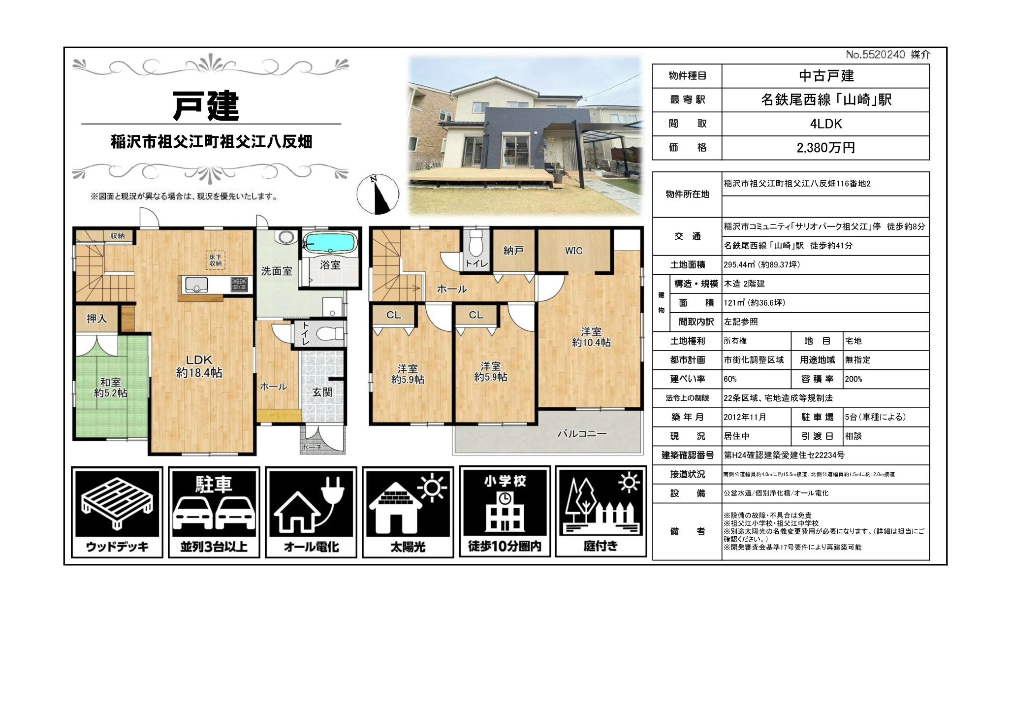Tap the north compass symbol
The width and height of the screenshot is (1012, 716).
click(378, 194)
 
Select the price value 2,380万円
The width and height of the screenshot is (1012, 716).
click(825, 148)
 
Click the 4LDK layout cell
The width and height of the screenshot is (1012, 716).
click(825, 124)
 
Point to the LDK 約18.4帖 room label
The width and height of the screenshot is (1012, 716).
click(199, 366)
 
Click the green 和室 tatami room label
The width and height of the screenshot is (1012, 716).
click(111, 387)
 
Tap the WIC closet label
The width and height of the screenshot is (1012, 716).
click(573, 251)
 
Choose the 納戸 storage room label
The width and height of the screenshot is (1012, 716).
click(513, 251)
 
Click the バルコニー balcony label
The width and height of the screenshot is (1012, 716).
click(582, 434)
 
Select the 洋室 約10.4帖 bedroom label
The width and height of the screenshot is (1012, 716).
click(591, 337)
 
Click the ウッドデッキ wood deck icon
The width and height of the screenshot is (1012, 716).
click(117, 512)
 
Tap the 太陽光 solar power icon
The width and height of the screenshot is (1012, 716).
click(408, 512)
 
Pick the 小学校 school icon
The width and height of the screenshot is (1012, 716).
click(505, 512)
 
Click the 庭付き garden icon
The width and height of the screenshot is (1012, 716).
click(601, 512)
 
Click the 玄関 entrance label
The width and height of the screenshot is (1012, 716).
click(322, 392)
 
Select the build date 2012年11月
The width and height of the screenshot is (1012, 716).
click(745, 417)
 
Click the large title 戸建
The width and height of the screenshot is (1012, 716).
click(206, 105)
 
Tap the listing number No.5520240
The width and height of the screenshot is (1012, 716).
click(875, 55)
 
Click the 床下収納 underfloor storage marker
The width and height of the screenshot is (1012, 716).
click(216, 260)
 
